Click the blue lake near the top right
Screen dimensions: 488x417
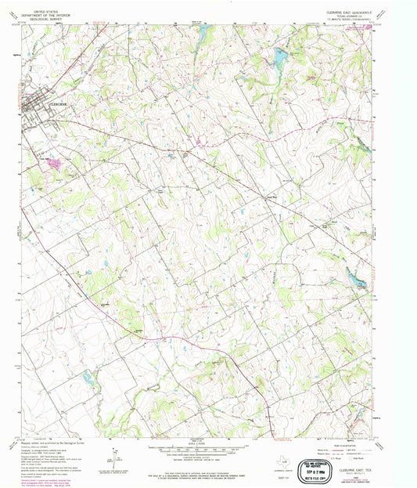pyautogui.click(x=280, y=56)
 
